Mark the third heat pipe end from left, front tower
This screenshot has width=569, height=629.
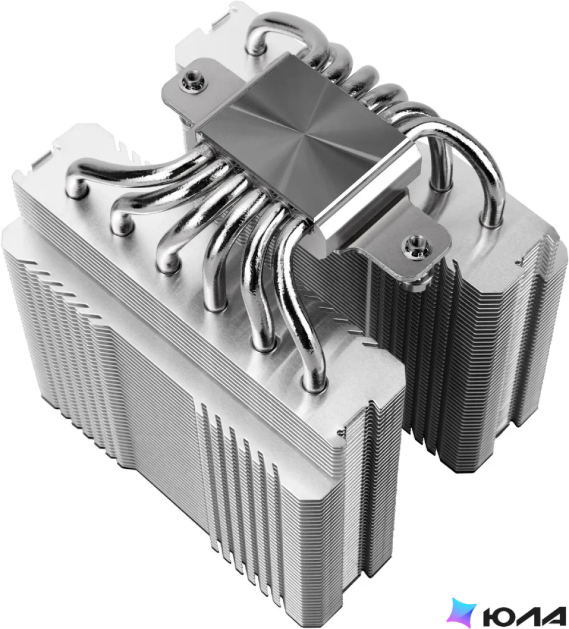(167, 263)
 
